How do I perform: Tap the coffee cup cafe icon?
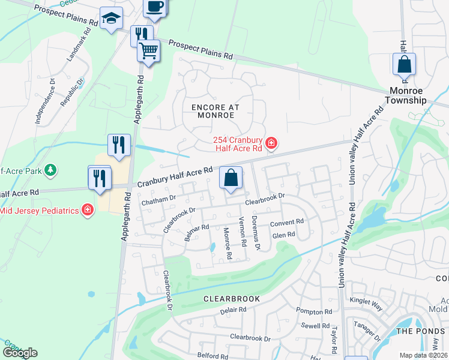155,7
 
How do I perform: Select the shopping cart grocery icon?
148,50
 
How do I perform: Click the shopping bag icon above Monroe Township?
404,64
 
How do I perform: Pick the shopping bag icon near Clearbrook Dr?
231,177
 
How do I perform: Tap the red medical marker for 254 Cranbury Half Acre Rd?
271,143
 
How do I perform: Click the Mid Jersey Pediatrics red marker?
88,209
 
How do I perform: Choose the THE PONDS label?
419,331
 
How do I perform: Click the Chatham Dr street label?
158,200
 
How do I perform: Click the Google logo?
20,353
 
